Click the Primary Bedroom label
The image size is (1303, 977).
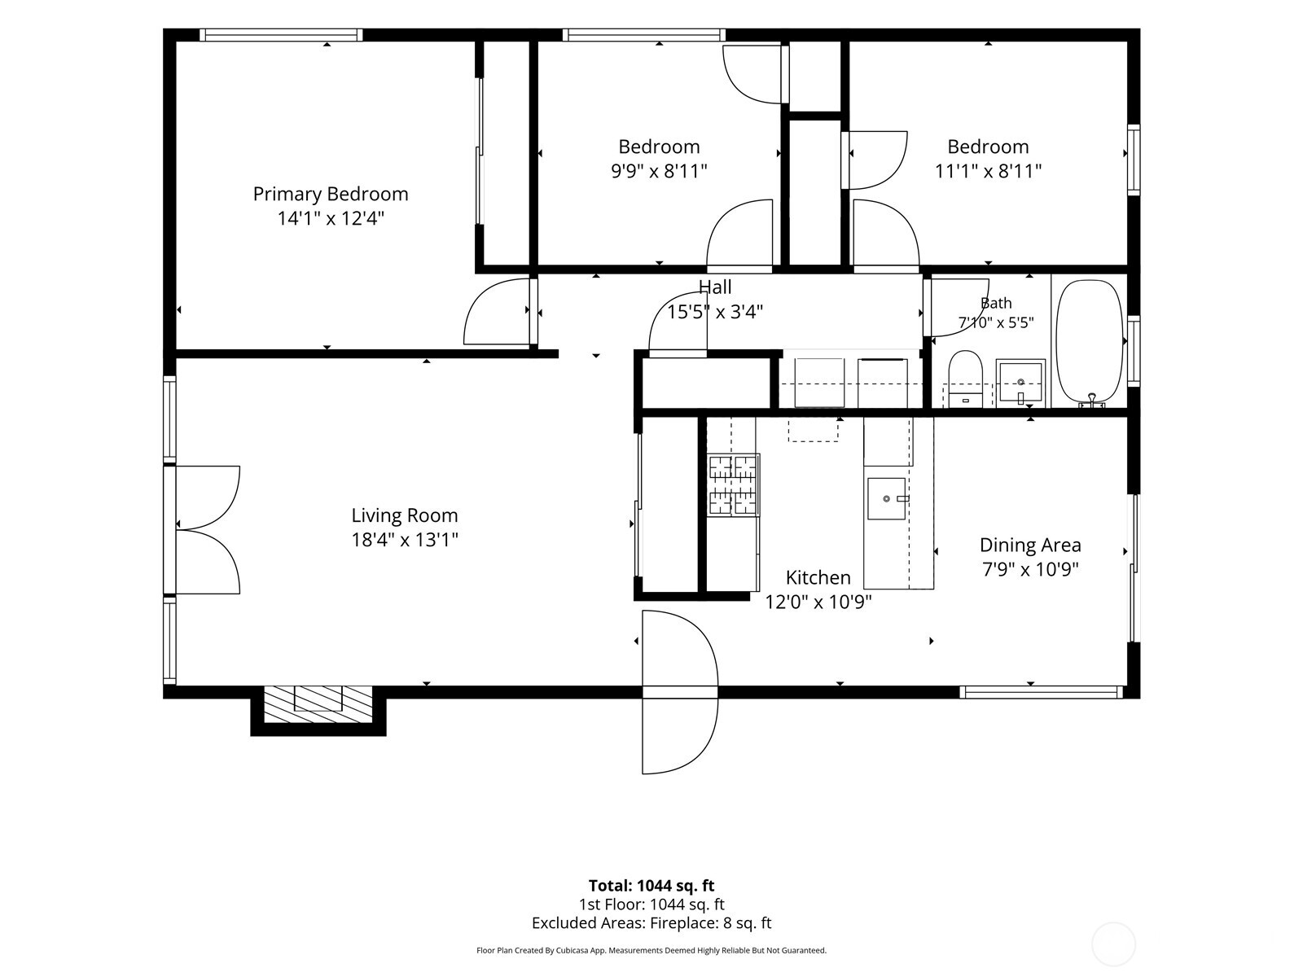[x=331, y=194]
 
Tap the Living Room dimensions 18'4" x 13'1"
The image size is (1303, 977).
[x=405, y=540]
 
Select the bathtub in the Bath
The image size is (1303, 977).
[x=1090, y=344]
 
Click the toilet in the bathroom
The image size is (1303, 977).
[x=965, y=379]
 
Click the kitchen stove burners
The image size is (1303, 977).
[x=733, y=484]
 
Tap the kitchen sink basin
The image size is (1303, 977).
[x=886, y=498]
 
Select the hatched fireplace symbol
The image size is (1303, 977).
[x=318, y=704]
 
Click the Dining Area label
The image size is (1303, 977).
[x=1030, y=545]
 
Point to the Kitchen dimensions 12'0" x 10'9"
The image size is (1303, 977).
[x=818, y=602]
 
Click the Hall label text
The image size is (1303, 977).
[x=715, y=287]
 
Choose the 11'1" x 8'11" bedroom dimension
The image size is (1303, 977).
[x=988, y=172]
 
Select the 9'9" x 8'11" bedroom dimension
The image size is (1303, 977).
[x=659, y=172]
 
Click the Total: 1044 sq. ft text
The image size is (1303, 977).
[x=651, y=885]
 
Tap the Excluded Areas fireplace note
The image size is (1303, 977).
[x=651, y=922]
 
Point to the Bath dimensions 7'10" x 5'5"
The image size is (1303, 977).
[x=996, y=322]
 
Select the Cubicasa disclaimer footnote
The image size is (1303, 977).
[x=651, y=949]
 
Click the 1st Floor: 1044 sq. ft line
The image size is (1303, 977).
[x=651, y=904]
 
